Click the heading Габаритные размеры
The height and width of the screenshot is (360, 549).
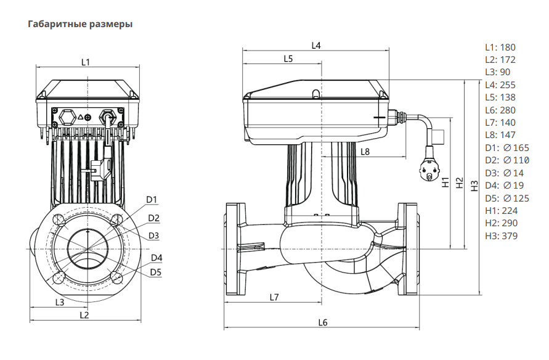[80, 25]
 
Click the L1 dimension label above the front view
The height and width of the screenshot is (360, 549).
[86, 62]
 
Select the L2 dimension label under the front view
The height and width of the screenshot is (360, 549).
[85, 315]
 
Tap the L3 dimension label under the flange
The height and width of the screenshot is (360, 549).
[60, 302]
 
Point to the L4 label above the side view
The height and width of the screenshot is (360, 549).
[316, 45]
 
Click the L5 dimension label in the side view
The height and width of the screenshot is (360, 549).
[288, 59]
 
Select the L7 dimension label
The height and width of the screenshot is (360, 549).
[275, 297]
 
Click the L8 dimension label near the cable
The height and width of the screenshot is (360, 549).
[365, 151]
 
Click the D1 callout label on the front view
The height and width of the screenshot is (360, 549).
[152, 199]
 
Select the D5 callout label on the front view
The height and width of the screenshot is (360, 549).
[155, 271]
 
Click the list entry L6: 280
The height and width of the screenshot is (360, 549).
[500, 110]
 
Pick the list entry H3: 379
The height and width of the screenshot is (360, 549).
[501, 235]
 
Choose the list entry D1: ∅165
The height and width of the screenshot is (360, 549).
[506, 147]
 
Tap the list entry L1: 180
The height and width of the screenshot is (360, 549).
[500, 47]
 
